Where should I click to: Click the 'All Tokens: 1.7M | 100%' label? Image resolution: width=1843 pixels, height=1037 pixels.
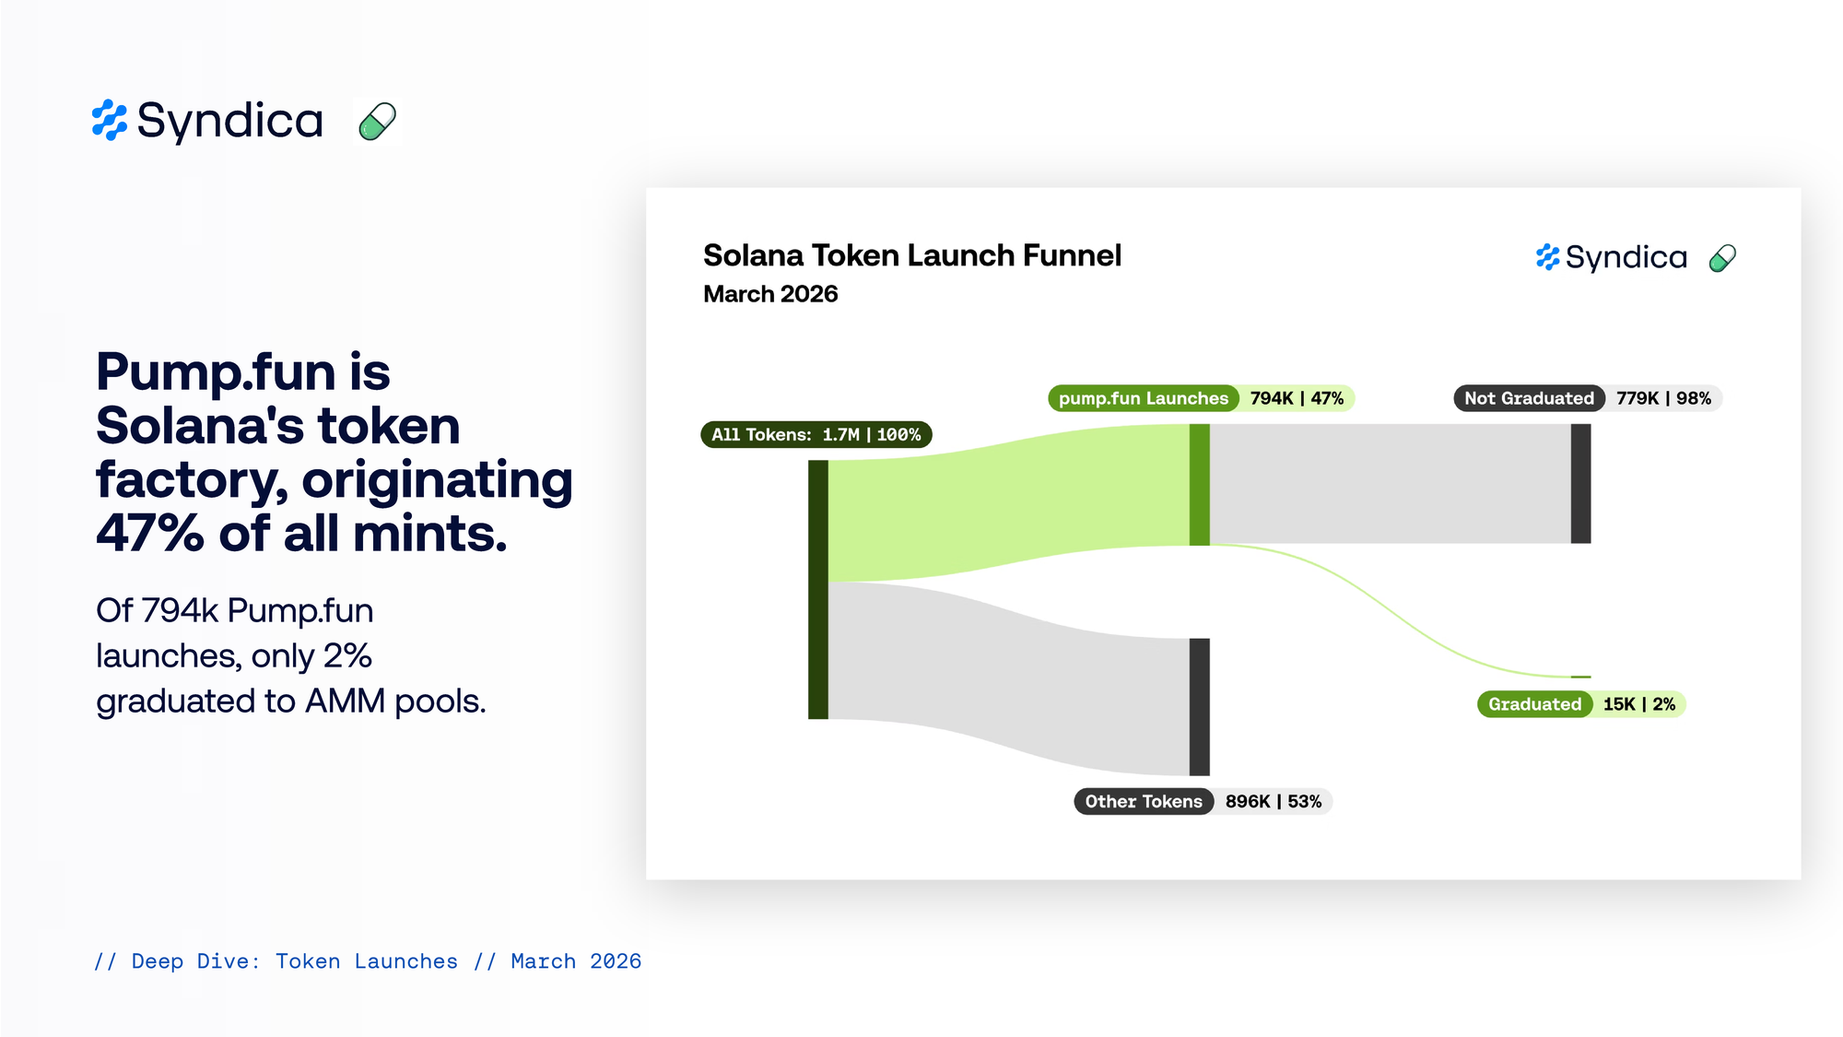[x=816, y=434]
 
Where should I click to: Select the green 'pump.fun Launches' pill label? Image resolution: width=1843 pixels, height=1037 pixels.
[x=1144, y=398]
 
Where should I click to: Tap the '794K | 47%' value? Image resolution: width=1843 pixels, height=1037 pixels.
[x=1297, y=398]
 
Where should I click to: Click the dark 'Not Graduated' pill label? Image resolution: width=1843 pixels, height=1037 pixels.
[x=1529, y=398]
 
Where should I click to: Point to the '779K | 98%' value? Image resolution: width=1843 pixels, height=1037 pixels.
[x=1663, y=398]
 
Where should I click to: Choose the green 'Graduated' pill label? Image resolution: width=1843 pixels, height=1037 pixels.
[x=1534, y=704]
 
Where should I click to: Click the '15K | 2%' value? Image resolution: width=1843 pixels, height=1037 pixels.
[x=1639, y=704]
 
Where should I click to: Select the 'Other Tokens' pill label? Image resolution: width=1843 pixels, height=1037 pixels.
[x=1144, y=801]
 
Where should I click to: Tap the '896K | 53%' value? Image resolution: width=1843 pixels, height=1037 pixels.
[x=1274, y=801]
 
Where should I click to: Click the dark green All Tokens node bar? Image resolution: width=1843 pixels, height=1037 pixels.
[x=818, y=590]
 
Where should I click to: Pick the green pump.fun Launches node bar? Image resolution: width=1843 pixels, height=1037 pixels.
[x=1200, y=485]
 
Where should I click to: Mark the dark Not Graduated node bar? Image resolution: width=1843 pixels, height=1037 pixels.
[x=1581, y=484]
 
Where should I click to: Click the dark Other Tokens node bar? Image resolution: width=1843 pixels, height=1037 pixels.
[x=1200, y=707]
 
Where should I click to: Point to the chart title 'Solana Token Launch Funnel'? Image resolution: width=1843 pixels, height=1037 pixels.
[x=912, y=255]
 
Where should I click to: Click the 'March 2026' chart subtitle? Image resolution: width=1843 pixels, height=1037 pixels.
[x=770, y=294]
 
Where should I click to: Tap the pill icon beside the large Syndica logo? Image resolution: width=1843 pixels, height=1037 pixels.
[x=377, y=122]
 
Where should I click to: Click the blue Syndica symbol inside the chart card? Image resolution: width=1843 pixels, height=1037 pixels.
[x=1548, y=257]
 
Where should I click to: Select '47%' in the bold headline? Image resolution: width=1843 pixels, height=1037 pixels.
[x=150, y=534]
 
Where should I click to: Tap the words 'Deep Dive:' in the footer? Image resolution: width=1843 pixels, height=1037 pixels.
[x=195, y=961]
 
